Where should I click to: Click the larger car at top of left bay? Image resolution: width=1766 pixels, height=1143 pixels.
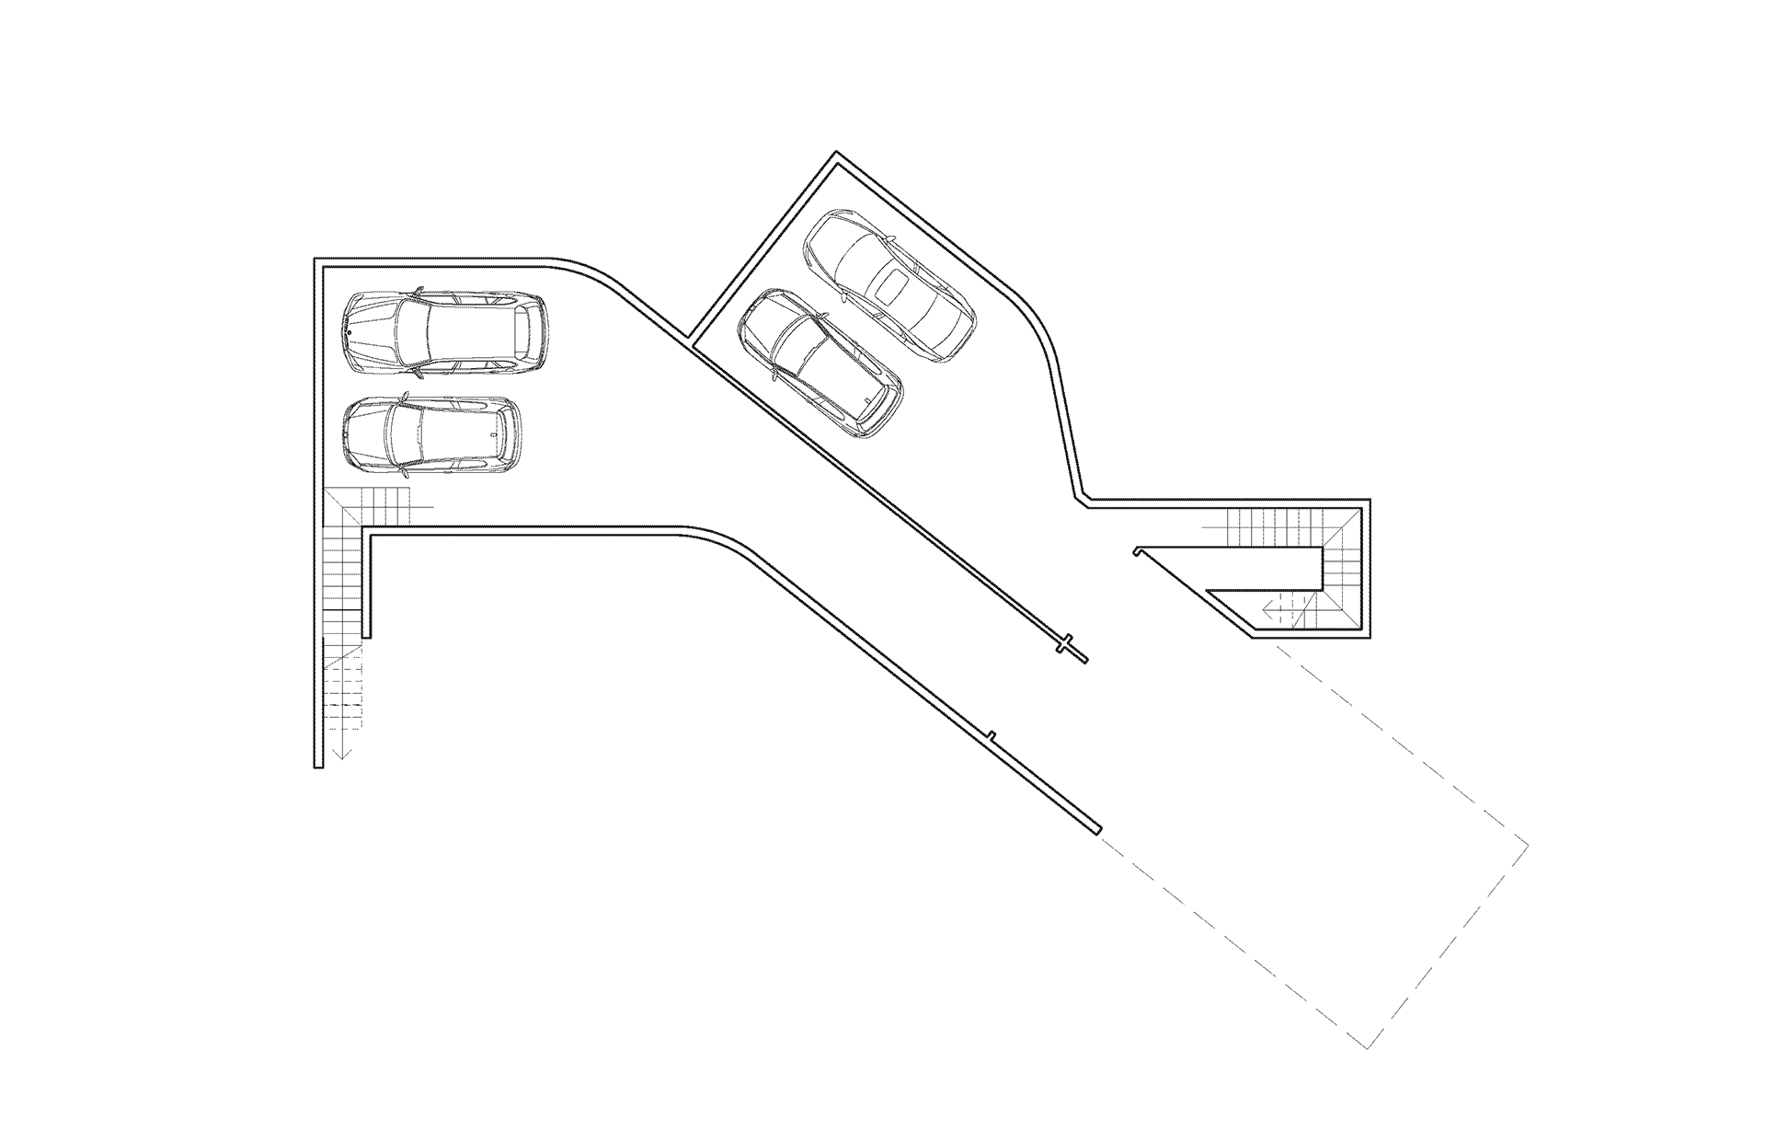[x=445, y=333]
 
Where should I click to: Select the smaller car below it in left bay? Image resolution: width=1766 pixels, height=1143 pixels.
[x=431, y=436]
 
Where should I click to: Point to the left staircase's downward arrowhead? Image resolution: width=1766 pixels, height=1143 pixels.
[x=341, y=756]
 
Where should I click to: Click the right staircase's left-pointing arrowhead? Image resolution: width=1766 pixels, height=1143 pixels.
[x=1267, y=606]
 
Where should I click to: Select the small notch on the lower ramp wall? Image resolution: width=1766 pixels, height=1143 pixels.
[x=992, y=735]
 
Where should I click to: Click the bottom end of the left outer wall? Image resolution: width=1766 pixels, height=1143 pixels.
[x=318, y=765]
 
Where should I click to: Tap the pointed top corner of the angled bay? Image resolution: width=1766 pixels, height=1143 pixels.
[x=836, y=154]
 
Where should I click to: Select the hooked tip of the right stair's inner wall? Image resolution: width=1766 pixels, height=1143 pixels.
[x=1138, y=551]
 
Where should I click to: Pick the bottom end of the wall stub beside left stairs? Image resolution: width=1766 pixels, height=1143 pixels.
[x=367, y=634]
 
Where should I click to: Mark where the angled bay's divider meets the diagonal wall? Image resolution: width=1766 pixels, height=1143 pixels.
[x=691, y=340]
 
